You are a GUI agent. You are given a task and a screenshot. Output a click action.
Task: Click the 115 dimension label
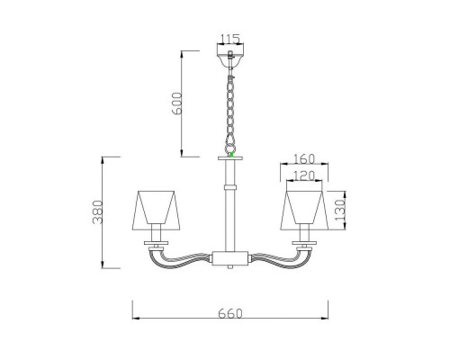[230, 39]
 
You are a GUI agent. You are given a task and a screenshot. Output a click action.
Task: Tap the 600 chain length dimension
[177, 103]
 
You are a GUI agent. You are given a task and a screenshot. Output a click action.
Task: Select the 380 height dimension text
[98, 212]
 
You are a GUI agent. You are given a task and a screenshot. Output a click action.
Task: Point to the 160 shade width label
[304, 158]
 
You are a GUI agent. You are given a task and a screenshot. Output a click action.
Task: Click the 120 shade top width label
[304, 175]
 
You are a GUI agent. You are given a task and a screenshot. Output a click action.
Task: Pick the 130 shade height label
[340, 210]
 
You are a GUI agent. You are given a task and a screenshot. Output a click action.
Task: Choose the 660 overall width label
[230, 313]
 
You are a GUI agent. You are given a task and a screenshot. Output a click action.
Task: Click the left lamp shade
[156, 210]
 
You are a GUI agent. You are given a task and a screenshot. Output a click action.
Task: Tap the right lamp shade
[304, 210]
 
